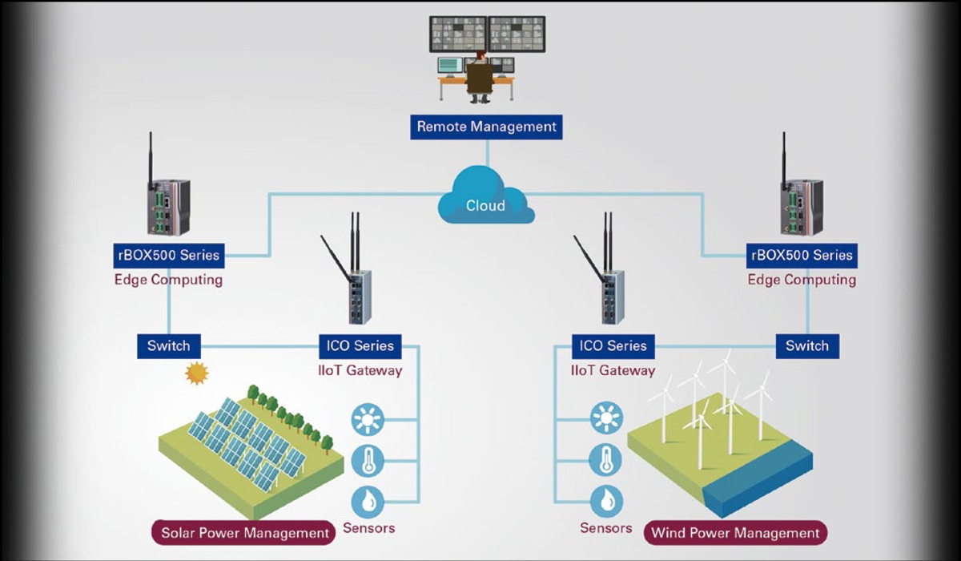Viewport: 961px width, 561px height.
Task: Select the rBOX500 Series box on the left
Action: [167, 256]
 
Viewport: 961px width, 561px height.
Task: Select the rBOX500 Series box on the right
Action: [802, 256]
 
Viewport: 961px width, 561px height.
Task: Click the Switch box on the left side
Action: [168, 346]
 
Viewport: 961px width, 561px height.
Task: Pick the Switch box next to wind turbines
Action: [806, 346]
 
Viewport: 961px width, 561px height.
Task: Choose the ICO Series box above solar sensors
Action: [360, 346]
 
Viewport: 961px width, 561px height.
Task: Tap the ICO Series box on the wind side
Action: [613, 346]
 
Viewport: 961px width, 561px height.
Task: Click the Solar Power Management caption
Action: [245, 532]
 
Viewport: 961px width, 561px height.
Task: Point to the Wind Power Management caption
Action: [735, 532]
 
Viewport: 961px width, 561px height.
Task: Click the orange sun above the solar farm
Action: [196, 373]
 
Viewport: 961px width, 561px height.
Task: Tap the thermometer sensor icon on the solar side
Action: [368, 461]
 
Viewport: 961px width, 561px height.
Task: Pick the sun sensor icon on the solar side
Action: [368, 419]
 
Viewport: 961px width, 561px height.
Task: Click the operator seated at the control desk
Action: [480, 79]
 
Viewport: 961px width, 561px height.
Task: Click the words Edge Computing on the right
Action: [802, 280]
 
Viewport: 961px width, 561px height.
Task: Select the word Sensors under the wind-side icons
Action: [606, 528]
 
